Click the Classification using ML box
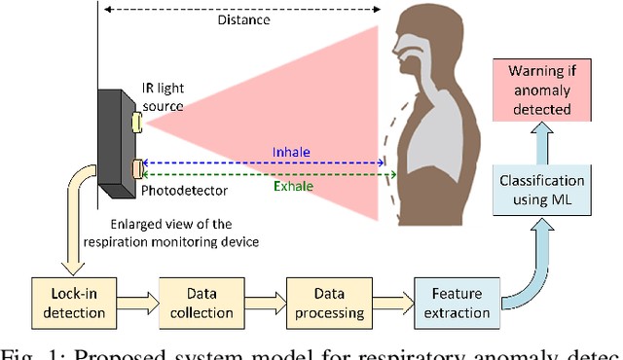pos(541,190)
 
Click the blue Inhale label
pos(292,152)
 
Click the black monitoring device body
pos(114,146)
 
